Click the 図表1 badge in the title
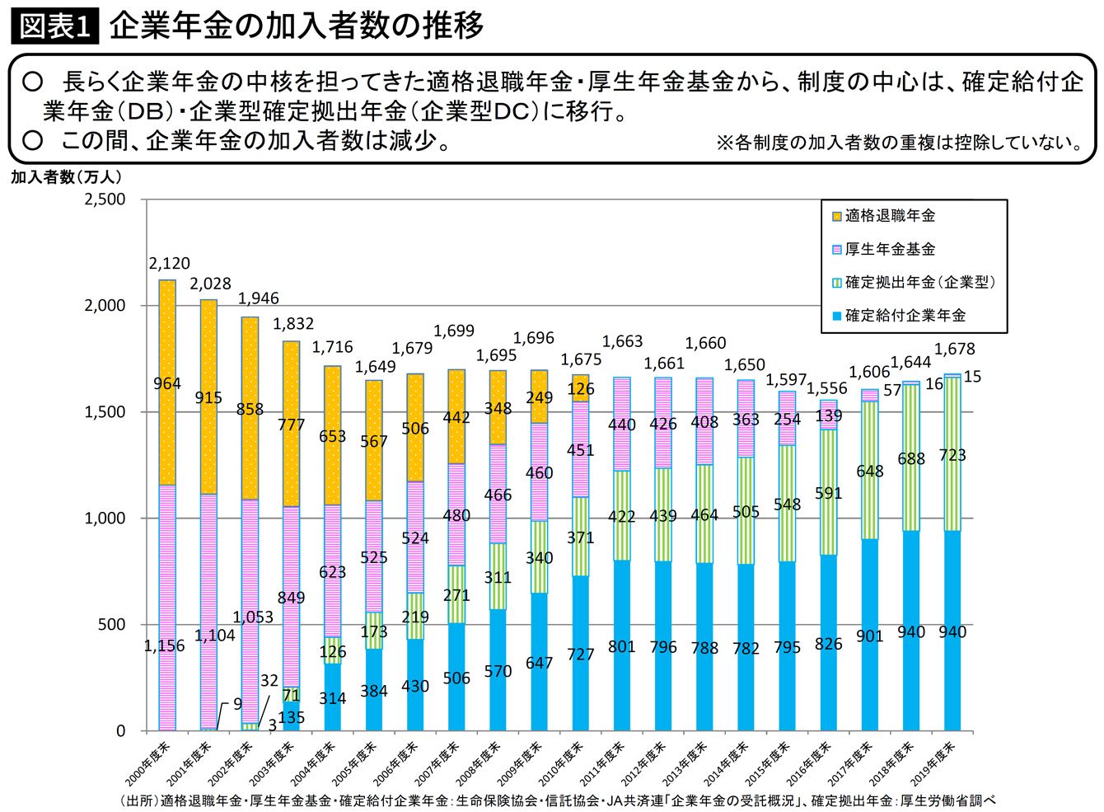pos(54,26)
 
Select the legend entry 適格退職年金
pos(890,216)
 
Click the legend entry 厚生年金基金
pos(890,249)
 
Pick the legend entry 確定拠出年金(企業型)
pos(919,282)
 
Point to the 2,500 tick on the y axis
pos(105,199)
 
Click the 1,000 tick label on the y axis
pos(105,519)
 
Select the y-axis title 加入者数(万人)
pos(67,177)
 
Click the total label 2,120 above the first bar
pos(169,264)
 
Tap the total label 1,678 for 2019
pos(954,350)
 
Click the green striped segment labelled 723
pos(952,455)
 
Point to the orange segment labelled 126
pos(581,388)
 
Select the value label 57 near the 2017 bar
pos(892,391)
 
